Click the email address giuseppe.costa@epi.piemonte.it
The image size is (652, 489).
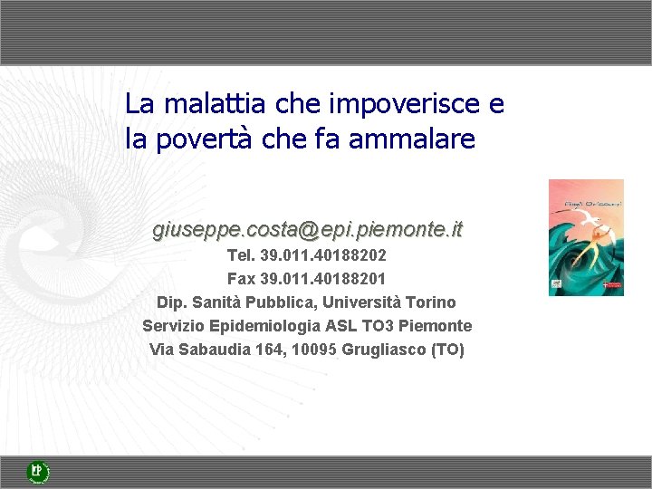tap(307, 230)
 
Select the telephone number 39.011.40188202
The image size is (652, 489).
tap(323, 256)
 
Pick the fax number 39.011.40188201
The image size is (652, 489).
tap(323, 279)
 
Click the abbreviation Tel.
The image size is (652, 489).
tap(241, 256)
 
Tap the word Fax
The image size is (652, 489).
tap(241, 279)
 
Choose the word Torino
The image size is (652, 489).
tap(431, 302)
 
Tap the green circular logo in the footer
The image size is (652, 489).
tap(37, 471)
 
